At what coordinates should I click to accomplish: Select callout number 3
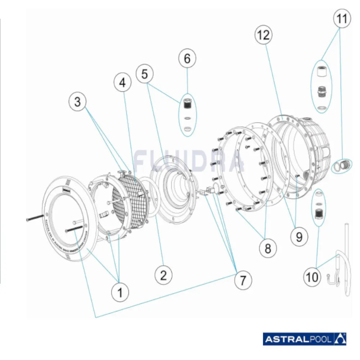click(78, 102)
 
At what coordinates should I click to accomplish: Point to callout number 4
click(123, 83)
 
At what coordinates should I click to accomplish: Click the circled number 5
click(145, 74)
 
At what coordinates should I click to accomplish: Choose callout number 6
click(187, 59)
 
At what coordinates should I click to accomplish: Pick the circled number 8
click(268, 248)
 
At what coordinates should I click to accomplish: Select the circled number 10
click(312, 277)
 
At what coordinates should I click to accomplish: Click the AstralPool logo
click(305, 338)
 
